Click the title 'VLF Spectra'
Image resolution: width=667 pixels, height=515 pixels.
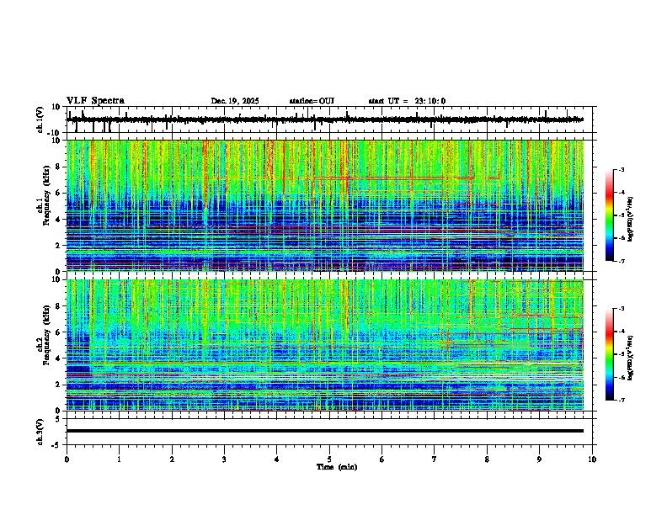coord(95,101)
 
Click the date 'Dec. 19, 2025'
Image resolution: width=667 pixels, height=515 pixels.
coord(235,101)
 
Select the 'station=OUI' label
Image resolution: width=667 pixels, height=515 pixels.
coord(312,101)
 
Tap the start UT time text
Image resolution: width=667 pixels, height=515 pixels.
coord(407,101)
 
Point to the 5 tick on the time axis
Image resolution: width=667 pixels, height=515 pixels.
coord(329,459)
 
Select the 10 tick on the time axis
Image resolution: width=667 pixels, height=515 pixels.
coord(592,459)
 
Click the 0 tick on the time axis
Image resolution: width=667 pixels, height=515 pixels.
coord(67,459)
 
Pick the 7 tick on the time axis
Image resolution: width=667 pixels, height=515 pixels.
coord(435,459)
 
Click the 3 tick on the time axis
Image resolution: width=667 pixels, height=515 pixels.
coord(224,459)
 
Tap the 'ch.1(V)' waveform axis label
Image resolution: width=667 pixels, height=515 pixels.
coord(40,120)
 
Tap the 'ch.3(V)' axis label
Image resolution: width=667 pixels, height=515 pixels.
coord(40,431)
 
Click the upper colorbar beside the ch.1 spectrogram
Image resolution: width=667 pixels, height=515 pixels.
coord(609,215)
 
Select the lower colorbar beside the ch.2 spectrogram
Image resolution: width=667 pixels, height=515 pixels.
coord(609,354)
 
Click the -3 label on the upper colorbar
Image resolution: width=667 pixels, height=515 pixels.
coord(621,171)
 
